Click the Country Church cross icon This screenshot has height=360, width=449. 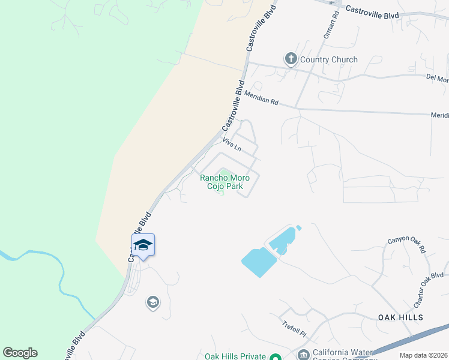coord(291,59)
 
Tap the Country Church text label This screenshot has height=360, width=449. coord(328,59)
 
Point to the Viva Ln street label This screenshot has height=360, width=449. coord(231,145)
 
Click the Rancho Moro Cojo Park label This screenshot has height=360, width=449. coord(224,182)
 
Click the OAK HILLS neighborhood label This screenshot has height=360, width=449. coord(401,317)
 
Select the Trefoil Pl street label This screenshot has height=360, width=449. coord(294,329)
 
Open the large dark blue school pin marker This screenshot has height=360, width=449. coord(143,244)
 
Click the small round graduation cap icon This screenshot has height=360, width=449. coord(153,302)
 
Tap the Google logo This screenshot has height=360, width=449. coord(20,353)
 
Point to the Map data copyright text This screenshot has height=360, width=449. coord(424,355)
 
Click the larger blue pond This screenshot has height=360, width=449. coord(258,262)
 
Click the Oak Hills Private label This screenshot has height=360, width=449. coord(235,356)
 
